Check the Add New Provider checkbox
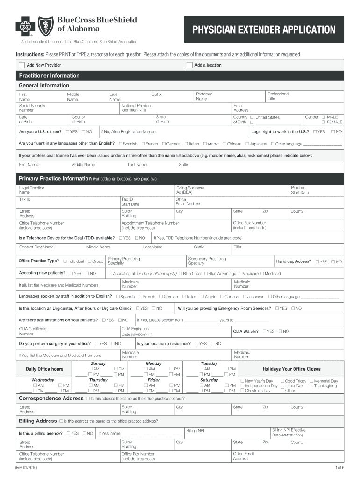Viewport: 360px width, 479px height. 22,65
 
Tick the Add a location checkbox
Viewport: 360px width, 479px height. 189,65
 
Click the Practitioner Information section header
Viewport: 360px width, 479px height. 49,76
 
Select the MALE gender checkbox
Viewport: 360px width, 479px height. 323,117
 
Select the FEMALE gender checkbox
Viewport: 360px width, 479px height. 323,122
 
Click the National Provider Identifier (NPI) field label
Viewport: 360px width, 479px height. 136,108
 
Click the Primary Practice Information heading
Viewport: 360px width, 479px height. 55,179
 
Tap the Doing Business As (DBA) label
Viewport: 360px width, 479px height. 190,190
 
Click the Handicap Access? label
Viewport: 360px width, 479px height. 293,261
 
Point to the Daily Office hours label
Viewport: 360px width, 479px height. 44,369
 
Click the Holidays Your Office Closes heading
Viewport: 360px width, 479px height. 291,369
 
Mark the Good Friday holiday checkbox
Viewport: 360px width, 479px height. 282,381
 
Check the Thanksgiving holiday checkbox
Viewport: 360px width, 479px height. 311,386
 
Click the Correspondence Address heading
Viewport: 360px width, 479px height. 51,398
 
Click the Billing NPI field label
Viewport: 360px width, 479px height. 195,431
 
